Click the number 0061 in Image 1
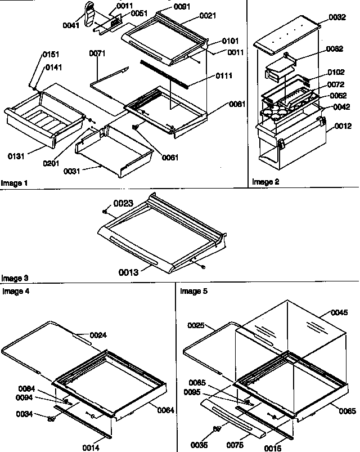click(169, 157)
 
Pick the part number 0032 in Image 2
click(337, 17)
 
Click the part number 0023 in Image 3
click(124, 206)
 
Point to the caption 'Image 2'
click(265, 182)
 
